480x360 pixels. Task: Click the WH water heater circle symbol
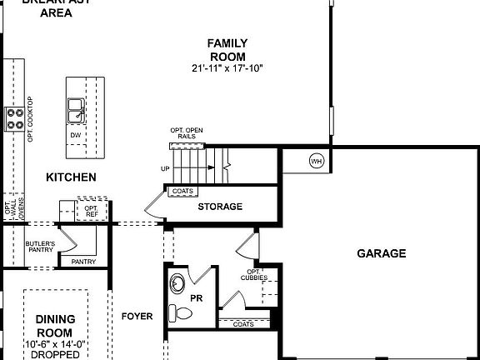click(317, 160)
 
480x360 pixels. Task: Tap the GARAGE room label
click(382, 253)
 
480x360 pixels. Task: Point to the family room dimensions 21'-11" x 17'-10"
click(227, 67)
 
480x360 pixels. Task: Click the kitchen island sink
click(76, 107)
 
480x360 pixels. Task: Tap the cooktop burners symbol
click(14, 117)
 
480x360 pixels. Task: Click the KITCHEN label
click(71, 177)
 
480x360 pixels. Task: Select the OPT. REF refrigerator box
click(92, 209)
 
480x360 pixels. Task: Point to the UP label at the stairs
click(166, 168)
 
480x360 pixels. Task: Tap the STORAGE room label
click(220, 206)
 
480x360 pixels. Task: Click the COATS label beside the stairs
click(182, 191)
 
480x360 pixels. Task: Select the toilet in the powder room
click(179, 313)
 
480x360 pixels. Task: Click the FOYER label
click(137, 316)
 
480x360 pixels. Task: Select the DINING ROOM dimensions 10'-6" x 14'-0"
click(56, 343)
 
